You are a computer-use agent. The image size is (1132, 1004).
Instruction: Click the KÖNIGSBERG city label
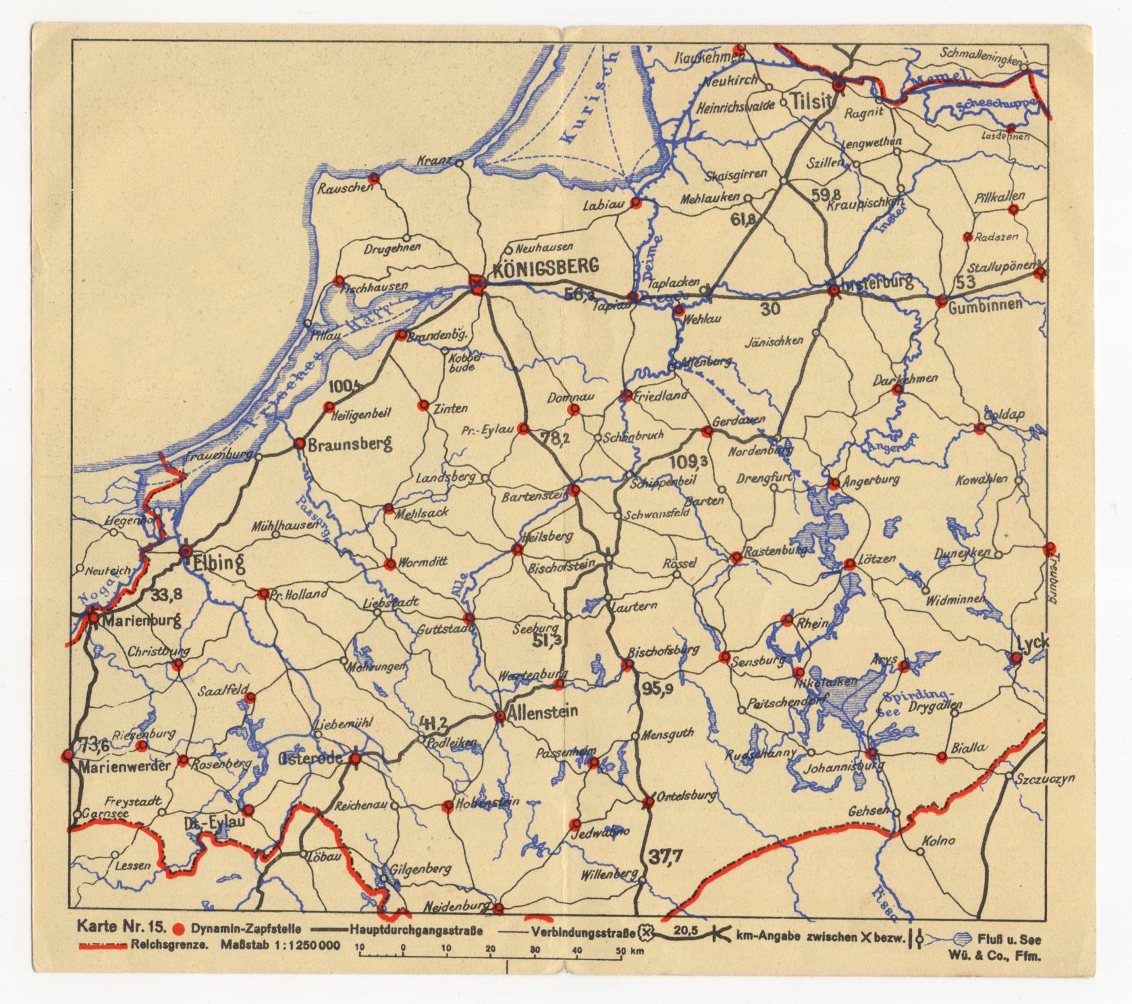tap(545, 267)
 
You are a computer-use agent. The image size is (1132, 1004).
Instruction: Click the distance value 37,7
tap(666, 857)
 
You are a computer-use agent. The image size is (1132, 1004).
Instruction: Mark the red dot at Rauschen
tap(375, 178)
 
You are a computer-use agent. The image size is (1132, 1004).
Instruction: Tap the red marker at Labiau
tap(635, 203)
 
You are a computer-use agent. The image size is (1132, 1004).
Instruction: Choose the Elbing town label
tap(218, 563)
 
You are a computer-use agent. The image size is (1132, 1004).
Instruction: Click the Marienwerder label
tap(115, 767)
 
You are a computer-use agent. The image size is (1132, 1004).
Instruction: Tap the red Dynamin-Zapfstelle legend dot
tap(178, 928)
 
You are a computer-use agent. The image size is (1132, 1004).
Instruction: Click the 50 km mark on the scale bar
tap(620, 951)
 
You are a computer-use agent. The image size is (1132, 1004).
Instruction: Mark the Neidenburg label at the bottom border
tap(456, 905)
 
